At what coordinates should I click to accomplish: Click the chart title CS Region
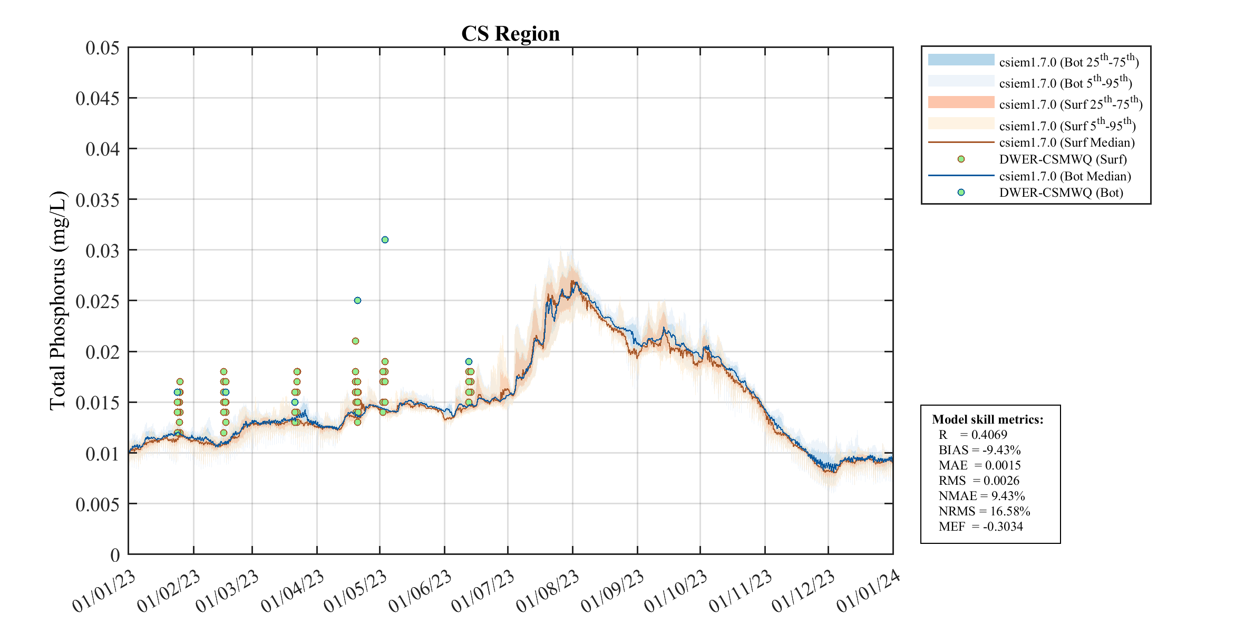(510, 34)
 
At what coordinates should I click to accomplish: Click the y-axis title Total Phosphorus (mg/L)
(57, 301)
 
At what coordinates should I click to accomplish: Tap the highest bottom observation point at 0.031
(385, 239)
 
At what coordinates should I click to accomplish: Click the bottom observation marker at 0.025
(357, 301)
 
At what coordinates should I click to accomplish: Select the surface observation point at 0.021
(355, 341)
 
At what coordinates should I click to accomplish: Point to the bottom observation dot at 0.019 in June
(469, 361)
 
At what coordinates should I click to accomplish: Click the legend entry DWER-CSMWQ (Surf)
(1062, 159)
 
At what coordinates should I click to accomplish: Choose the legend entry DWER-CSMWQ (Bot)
(1061, 193)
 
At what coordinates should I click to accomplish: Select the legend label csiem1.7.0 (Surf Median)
(1066, 142)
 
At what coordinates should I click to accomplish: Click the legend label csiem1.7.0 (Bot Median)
(1065, 176)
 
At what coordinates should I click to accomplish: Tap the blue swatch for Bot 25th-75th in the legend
(961, 60)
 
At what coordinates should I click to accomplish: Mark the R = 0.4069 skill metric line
(972, 435)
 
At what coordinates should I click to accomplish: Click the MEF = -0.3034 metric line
(980, 526)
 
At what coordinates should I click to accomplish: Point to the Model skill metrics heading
(987, 419)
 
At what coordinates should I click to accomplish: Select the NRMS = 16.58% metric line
(984, 511)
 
